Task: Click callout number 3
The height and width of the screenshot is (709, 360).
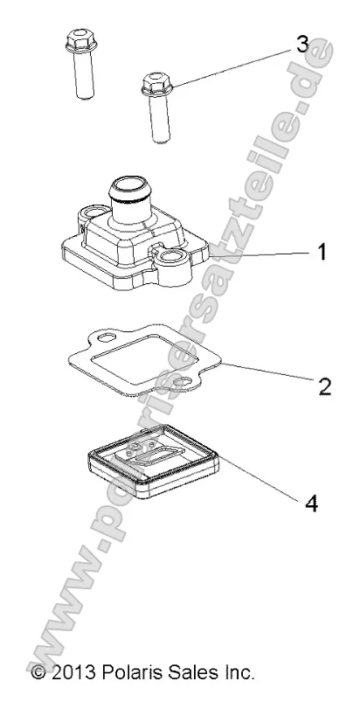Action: coord(302,45)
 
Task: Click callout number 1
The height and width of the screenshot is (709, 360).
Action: coord(322,252)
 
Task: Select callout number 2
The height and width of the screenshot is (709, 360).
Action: coord(325,386)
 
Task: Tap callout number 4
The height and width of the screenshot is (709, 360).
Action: coord(311,504)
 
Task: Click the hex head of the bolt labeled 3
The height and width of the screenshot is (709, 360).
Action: coord(156,85)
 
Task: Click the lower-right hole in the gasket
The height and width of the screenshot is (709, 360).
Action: coord(184,383)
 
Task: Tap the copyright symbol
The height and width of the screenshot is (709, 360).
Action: coord(38,672)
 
